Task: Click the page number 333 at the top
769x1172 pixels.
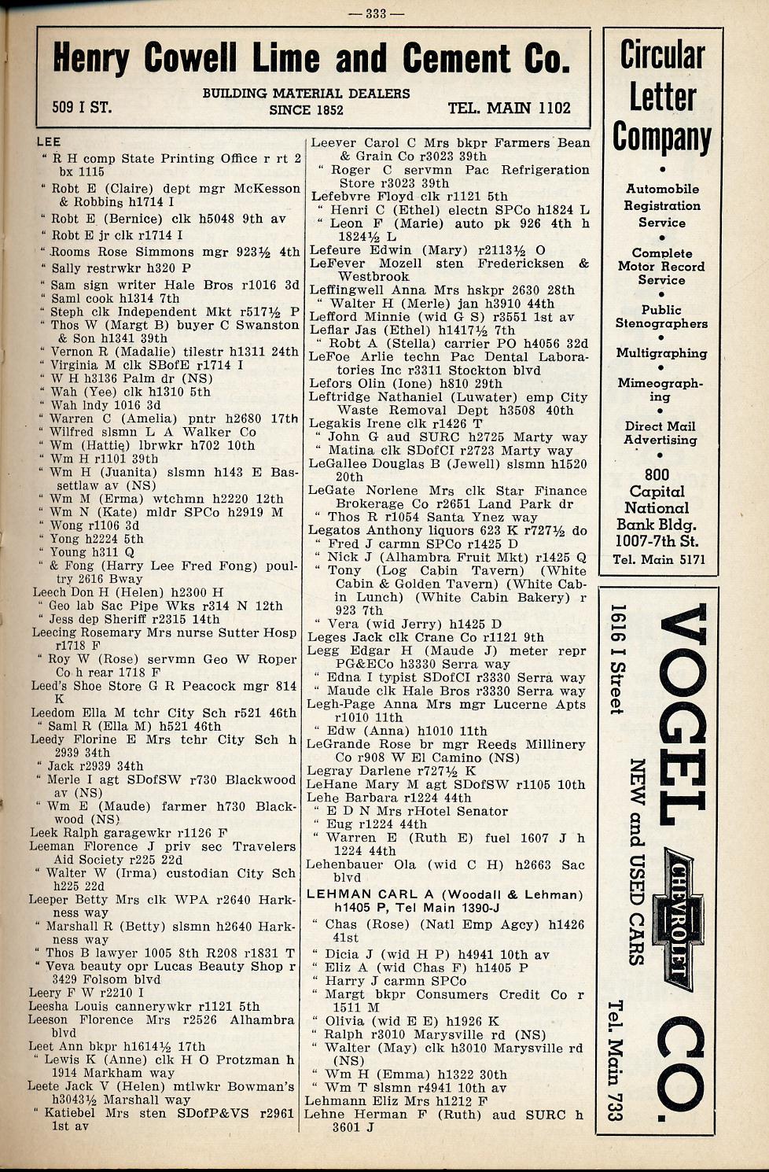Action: pyautogui.click(x=384, y=12)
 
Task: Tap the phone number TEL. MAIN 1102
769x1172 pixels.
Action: pyautogui.click(x=509, y=109)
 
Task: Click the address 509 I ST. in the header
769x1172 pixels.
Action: pyautogui.click(x=82, y=107)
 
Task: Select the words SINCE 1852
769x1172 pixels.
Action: pyautogui.click(x=306, y=110)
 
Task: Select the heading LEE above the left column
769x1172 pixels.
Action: pyautogui.click(x=49, y=142)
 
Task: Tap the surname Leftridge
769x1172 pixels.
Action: pyautogui.click(x=342, y=397)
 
